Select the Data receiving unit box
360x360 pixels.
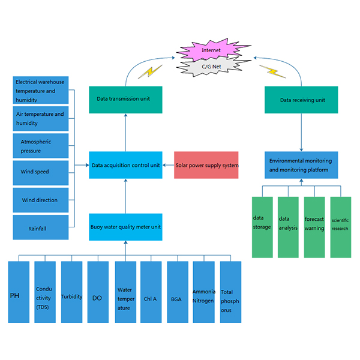[301, 100]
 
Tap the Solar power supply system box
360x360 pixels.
[206, 165]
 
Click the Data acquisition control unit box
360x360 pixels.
[125, 165]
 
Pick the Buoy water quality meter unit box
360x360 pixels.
[125, 227]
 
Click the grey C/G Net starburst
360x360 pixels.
[212, 67]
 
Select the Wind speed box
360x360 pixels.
[40, 172]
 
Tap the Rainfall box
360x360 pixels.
[40, 229]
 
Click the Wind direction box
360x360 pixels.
[40, 200]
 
